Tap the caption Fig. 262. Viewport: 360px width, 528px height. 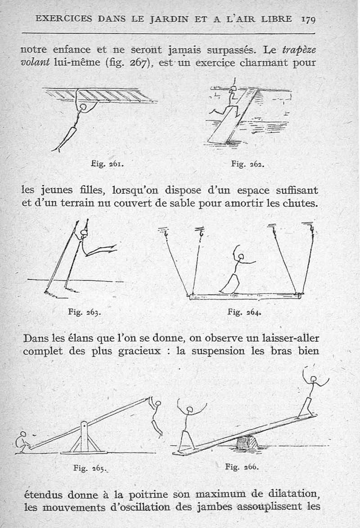click(247, 164)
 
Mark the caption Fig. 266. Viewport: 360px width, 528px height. click(242, 466)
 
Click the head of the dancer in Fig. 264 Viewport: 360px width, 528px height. click(241, 257)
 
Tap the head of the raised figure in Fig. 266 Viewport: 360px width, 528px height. click(313, 379)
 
